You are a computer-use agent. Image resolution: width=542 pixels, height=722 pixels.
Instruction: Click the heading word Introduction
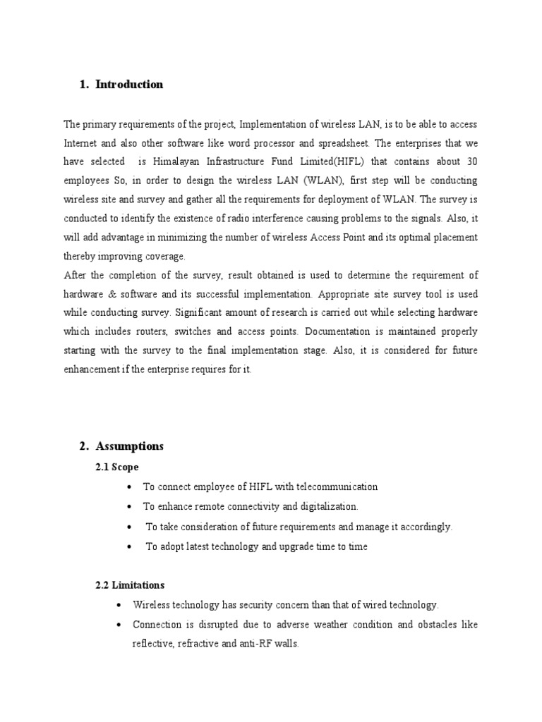[129, 85]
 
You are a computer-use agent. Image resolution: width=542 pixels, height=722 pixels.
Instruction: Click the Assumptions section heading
[129, 446]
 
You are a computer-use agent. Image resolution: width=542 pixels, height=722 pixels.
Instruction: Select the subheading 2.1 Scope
[117, 467]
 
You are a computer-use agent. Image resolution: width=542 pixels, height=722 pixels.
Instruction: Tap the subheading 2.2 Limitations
[130, 585]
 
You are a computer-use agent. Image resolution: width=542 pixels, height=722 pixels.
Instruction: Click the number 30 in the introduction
[470, 161]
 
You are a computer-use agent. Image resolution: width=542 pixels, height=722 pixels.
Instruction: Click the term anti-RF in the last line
[247, 644]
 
